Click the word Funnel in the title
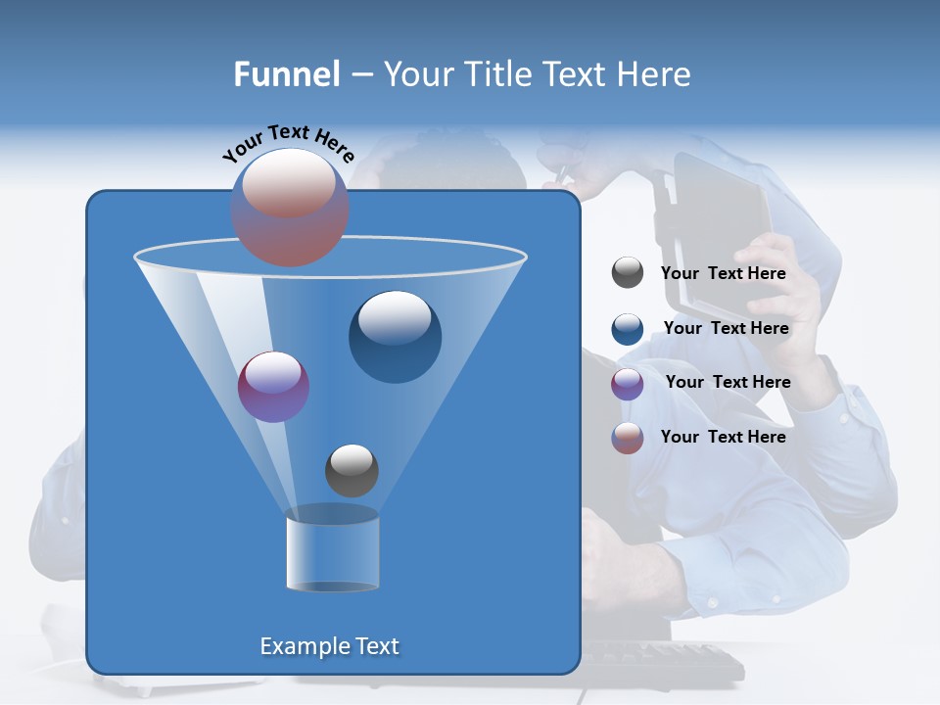coord(286,74)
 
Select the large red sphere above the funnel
coord(290,207)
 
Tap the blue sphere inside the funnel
coord(395,337)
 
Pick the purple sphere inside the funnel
coord(273,387)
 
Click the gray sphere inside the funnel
coord(352,470)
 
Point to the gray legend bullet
coord(628,273)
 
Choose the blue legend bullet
coord(628,329)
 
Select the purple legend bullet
coord(628,384)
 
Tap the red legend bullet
coord(628,438)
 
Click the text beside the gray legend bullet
coord(723,273)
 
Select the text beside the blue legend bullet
coord(726,328)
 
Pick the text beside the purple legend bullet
coord(728,382)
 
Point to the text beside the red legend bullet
coord(723,437)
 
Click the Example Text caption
coord(329,646)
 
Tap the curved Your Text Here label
coord(288,143)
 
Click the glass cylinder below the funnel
coord(332,551)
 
